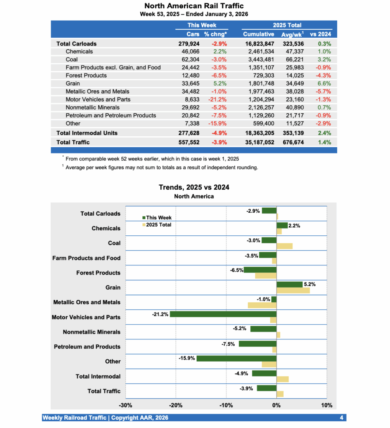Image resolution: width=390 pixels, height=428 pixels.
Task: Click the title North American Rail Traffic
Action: click(x=194, y=6)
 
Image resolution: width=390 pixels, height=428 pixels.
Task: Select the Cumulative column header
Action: click(x=259, y=34)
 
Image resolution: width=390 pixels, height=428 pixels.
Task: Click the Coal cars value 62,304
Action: click(x=189, y=59)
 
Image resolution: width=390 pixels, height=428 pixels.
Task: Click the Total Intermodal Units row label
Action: click(x=87, y=133)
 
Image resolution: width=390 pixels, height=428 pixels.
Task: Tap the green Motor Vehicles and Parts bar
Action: click(x=223, y=314)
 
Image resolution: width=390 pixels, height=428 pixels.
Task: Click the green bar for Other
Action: click(x=236, y=358)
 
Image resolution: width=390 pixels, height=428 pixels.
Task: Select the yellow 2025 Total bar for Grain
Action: click(x=293, y=290)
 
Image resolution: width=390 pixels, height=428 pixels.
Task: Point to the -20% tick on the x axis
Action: click(x=176, y=405)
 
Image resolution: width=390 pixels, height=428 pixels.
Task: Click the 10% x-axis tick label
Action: click(x=326, y=405)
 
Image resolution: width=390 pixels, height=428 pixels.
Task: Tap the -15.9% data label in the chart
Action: click(x=187, y=358)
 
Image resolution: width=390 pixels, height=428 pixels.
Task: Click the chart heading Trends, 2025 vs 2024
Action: click(x=194, y=187)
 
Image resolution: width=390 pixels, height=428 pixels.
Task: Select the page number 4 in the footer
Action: click(x=341, y=418)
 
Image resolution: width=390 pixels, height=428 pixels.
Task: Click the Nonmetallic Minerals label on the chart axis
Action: click(x=91, y=332)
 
